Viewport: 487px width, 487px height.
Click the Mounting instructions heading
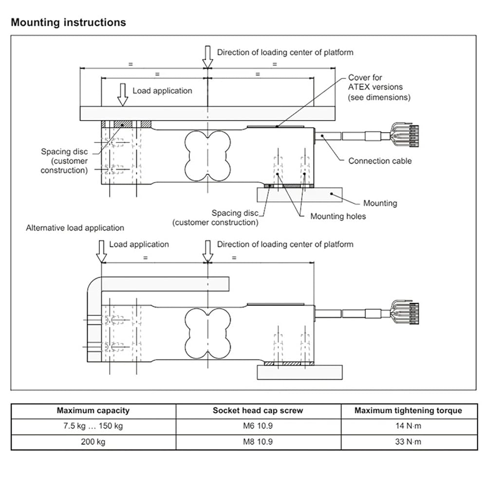coord(68,23)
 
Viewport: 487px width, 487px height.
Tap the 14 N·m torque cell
coord(409,426)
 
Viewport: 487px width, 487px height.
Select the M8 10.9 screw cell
coord(258,442)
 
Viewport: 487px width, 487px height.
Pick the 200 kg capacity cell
coord(93,442)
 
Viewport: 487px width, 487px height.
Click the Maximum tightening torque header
coord(409,411)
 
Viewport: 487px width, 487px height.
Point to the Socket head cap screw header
coord(258,411)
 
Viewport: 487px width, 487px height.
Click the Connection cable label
coord(380,161)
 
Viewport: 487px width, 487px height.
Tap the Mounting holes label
coord(338,216)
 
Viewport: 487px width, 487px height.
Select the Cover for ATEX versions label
coord(379,87)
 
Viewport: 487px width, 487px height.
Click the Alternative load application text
coord(75,227)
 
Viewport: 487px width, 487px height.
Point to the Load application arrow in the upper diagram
coord(123,95)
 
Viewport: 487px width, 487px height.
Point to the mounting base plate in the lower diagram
coord(300,373)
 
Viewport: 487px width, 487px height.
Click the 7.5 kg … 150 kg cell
coord(93,426)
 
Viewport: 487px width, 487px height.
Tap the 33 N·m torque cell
coord(409,442)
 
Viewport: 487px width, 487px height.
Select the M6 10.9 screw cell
coord(258,426)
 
